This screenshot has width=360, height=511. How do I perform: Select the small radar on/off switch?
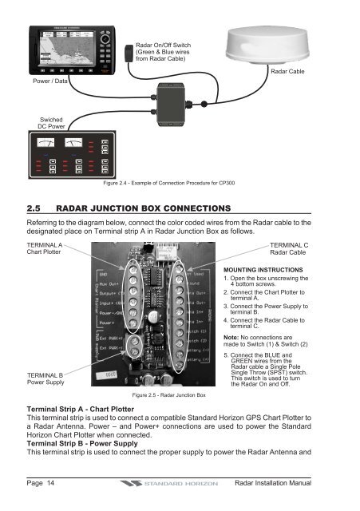pyautogui.click(x=125, y=57)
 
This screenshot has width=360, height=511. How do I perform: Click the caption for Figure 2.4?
pyautogui.click(x=178, y=184)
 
